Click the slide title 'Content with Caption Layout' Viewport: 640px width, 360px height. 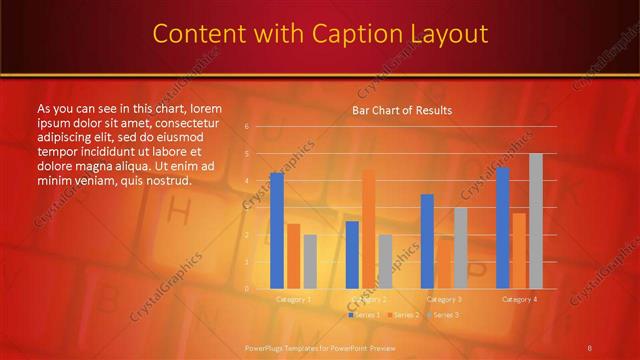[x=320, y=34]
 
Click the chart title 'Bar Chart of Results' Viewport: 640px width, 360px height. [x=402, y=110]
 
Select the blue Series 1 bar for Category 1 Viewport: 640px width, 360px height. [x=277, y=230]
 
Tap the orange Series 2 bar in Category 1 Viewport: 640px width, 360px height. [x=293, y=256]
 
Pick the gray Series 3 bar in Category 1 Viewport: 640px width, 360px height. [x=310, y=261]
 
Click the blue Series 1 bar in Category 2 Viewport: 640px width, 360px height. [x=352, y=254]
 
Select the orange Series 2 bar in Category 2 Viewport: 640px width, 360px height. [x=369, y=229]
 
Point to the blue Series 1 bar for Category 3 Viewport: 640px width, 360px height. [x=427, y=241]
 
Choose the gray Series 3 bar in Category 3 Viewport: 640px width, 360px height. [x=461, y=247]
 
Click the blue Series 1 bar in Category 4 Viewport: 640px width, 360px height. [x=503, y=227]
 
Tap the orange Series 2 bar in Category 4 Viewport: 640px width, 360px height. [x=519, y=250]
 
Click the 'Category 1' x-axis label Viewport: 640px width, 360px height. [x=293, y=299]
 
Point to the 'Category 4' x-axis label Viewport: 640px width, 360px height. [x=519, y=299]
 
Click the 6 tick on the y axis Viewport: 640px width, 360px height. [x=246, y=127]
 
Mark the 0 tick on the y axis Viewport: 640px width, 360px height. [x=246, y=288]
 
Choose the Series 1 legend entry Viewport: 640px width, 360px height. [x=362, y=314]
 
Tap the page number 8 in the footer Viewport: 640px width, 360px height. [x=589, y=347]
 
